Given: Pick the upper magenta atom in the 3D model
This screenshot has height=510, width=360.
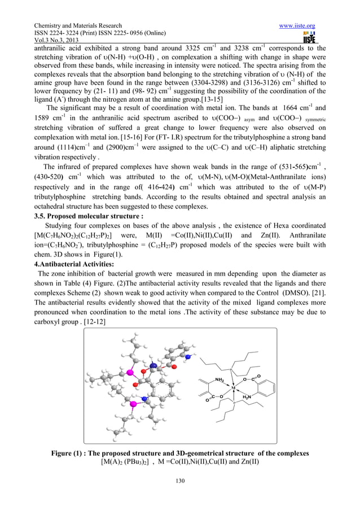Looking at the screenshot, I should pos(129,373).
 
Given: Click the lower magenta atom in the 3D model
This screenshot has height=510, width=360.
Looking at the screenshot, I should pos(134,404).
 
